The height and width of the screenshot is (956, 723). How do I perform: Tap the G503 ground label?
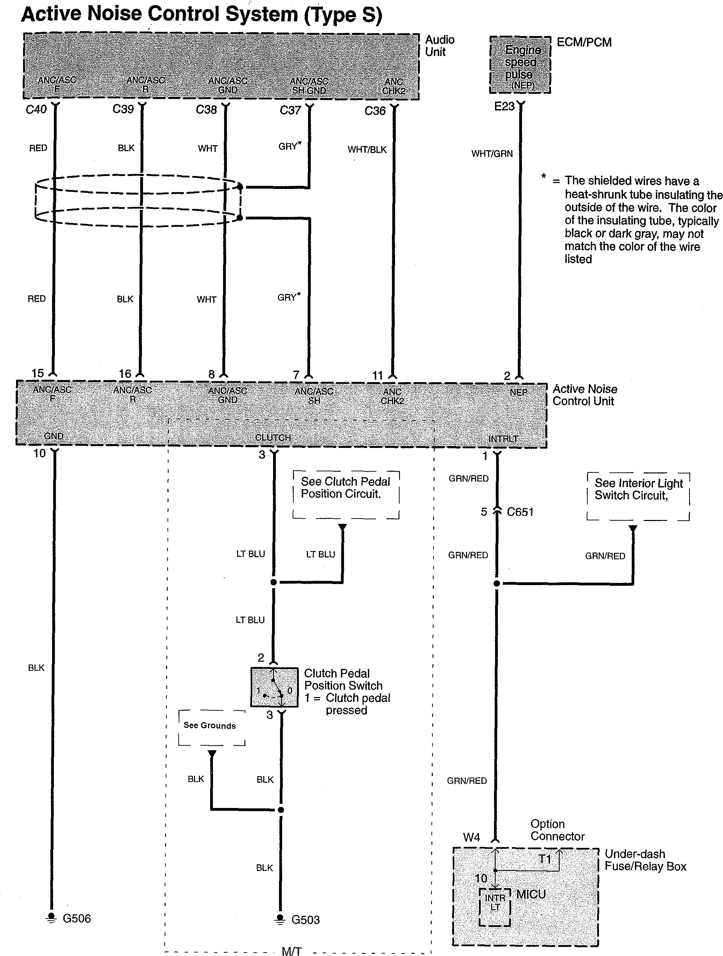(305, 920)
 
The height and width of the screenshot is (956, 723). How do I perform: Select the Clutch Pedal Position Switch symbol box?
(274, 687)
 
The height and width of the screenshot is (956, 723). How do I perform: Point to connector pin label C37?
(290, 111)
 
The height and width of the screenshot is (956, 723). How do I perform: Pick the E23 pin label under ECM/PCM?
(504, 107)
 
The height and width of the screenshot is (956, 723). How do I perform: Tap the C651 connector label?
(520, 512)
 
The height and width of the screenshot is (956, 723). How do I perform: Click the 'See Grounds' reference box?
(212, 728)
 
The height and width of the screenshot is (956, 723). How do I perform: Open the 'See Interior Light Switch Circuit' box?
(638, 496)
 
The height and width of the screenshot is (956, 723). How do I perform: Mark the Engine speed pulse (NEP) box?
(521, 65)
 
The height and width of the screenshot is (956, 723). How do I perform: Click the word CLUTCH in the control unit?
(273, 438)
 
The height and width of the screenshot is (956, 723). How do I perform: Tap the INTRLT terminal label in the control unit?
(503, 439)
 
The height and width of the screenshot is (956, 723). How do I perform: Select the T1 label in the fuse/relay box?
(545, 859)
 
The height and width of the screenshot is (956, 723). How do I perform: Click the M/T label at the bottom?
(292, 951)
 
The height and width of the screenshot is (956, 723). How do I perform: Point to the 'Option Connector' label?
(557, 830)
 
